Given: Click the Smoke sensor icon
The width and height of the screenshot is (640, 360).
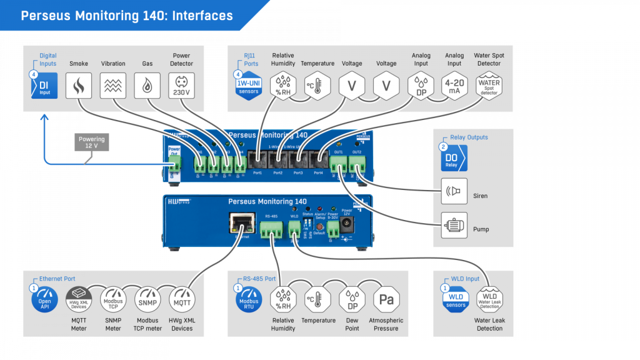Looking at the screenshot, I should pyautogui.click(x=79, y=85).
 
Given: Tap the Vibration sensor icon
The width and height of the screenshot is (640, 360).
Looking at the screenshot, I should pyautogui.click(x=113, y=85).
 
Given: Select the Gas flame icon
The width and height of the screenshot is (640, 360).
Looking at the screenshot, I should pyautogui.click(x=147, y=85).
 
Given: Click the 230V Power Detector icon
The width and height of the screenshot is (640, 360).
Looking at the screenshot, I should pyautogui.click(x=181, y=85).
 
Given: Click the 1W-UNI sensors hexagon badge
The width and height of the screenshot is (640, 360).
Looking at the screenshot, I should pyautogui.click(x=249, y=86).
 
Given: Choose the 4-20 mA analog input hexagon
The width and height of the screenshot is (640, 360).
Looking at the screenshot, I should pyautogui.click(x=454, y=85).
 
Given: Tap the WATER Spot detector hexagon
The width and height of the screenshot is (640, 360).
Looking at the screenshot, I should pyautogui.click(x=489, y=85).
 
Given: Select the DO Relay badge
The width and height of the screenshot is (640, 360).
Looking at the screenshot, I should pyautogui.click(x=454, y=158).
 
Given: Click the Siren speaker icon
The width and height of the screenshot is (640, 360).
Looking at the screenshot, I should pyautogui.click(x=454, y=191).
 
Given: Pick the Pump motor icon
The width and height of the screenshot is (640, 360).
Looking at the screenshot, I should pyautogui.click(x=454, y=225).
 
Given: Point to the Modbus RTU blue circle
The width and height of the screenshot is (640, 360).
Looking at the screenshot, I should pyautogui.click(x=249, y=301).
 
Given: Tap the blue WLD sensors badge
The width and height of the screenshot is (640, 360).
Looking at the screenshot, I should pyautogui.click(x=456, y=301).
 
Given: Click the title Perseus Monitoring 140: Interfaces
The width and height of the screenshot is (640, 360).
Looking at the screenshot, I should pyautogui.click(x=127, y=16).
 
